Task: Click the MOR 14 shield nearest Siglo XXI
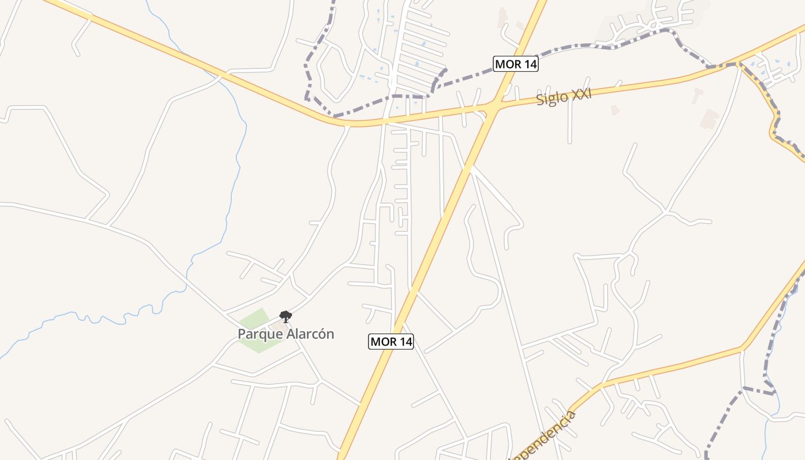[x=516, y=64]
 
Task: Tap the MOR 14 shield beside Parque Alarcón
[x=391, y=342]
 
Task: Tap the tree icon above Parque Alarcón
[x=285, y=316]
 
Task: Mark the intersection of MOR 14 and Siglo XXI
[x=493, y=106]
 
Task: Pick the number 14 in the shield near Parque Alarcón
[x=404, y=342]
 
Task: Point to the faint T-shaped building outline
[x=697, y=95]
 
